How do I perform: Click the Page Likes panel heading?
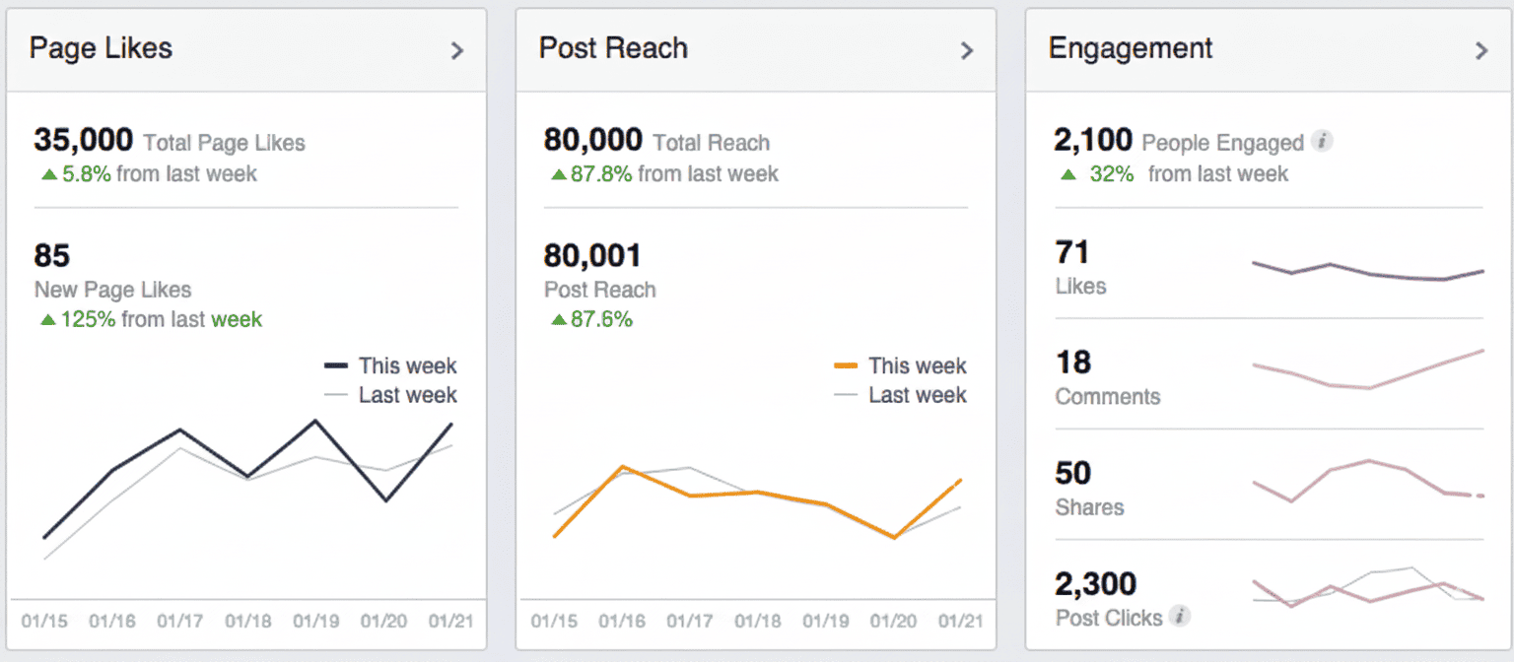click(x=101, y=48)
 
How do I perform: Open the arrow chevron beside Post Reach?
click(x=967, y=51)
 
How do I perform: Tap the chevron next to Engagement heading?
click(x=1480, y=51)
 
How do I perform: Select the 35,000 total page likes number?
click(x=84, y=140)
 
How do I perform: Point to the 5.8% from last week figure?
click(x=87, y=174)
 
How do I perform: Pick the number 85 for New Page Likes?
click(x=52, y=256)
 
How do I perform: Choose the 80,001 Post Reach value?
click(x=592, y=256)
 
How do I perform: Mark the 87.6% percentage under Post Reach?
click(x=600, y=319)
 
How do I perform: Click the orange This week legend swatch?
click(x=846, y=365)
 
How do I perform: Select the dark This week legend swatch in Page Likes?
click(x=336, y=365)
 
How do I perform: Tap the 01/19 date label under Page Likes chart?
click(x=316, y=622)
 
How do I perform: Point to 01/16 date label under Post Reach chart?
click(x=621, y=622)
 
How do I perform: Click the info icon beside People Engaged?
click(x=1322, y=142)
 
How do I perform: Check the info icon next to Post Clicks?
click(x=1179, y=617)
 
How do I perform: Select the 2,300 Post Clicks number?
click(x=1095, y=584)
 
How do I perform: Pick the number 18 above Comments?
click(x=1073, y=363)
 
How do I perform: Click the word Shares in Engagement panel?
click(x=1089, y=507)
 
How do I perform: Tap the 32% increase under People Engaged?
click(x=1111, y=174)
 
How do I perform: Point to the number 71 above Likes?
click(x=1071, y=252)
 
